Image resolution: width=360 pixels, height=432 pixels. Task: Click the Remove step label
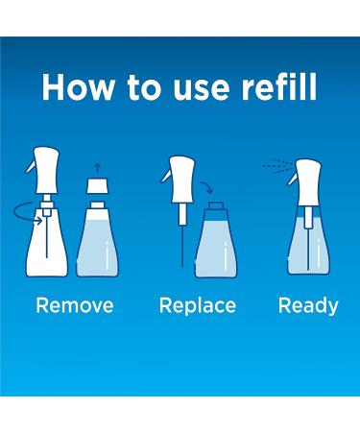pyautogui.click(x=75, y=306)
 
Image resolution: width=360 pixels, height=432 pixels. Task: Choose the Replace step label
pyautogui.click(x=198, y=306)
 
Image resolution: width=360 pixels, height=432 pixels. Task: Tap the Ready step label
pyautogui.click(x=308, y=306)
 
